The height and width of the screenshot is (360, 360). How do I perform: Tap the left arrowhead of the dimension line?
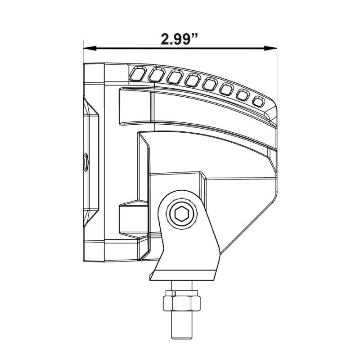click(x=87, y=48)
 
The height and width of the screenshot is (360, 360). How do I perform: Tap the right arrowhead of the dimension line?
click(x=273, y=48)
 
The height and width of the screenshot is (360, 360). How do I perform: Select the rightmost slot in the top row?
click(x=260, y=102)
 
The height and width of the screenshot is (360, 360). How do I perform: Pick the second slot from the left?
click(x=157, y=75)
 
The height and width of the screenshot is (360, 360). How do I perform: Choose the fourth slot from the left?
click(x=193, y=80)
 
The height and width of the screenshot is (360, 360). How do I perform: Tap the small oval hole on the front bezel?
click(x=85, y=159)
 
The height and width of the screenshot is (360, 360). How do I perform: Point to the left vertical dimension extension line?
click(x=83, y=54)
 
